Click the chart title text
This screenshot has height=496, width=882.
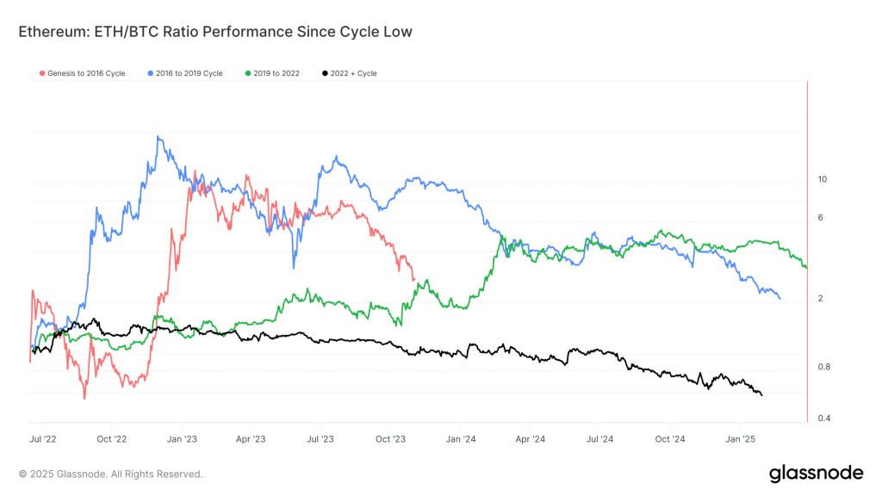click(215, 32)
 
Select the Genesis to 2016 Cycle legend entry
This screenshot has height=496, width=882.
click(83, 73)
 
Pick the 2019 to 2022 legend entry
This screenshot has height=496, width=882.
click(273, 73)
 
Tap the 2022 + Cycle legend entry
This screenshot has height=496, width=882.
click(349, 73)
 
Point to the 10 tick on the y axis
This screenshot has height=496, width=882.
click(822, 179)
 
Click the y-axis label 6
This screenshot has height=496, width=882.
click(821, 217)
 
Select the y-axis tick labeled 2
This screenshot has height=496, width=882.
click(820, 298)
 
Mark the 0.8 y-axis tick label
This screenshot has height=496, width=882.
click(823, 367)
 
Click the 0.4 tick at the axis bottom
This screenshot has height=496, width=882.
click(823, 418)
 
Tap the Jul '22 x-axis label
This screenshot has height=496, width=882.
click(42, 439)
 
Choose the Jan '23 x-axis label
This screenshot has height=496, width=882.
click(182, 439)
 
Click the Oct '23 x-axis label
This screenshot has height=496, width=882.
click(391, 439)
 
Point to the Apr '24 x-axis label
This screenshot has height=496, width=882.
click(531, 439)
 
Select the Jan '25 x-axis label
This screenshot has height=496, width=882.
click(741, 439)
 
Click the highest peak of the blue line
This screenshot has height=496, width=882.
click(158, 136)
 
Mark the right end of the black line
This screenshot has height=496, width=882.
click(761, 394)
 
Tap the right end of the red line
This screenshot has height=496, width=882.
click(415, 280)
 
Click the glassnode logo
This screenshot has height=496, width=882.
click(815, 473)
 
